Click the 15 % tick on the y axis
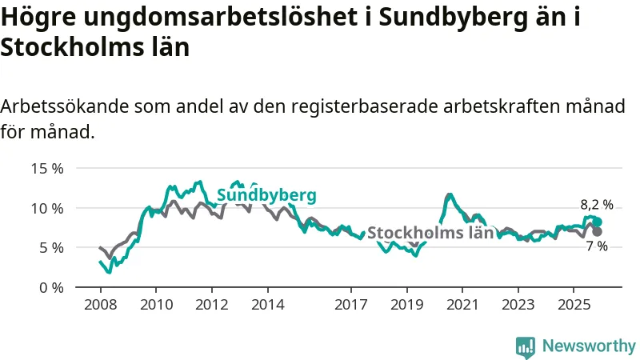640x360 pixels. pyautogui.click(x=46, y=169)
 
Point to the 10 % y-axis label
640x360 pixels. pyautogui.click(x=46, y=208)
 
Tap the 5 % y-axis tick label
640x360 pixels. pyautogui.click(x=50, y=247)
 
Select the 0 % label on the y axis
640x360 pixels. pyautogui.click(x=50, y=286)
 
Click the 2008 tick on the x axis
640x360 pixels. pyautogui.click(x=101, y=305)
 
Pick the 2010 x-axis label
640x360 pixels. pyautogui.click(x=156, y=305)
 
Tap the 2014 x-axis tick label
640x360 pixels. pyautogui.click(x=267, y=305)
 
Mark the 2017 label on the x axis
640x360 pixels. pyautogui.click(x=350, y=305)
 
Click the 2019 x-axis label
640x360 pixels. pyautogui.click(x=406, y=305)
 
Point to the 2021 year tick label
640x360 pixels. pyautogui.click(x=462, y=305)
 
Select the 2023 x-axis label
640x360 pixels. pyautogui.click(x=518, y=305)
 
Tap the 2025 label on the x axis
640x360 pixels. pyautogui.click(x=573, y=305)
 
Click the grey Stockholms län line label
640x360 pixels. pyautogui.click(x=430, y=233)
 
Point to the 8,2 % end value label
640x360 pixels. pyautogui.click(x=597, y=205)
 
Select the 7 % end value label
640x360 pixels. pyautogui.click(x=597, y=246)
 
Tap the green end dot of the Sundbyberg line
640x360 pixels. pyautogui.click(x=597, y=222)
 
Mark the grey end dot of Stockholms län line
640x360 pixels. pyautogui.click(x=597, y=231)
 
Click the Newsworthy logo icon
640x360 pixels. pyautogui.click(x=526, y=346)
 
